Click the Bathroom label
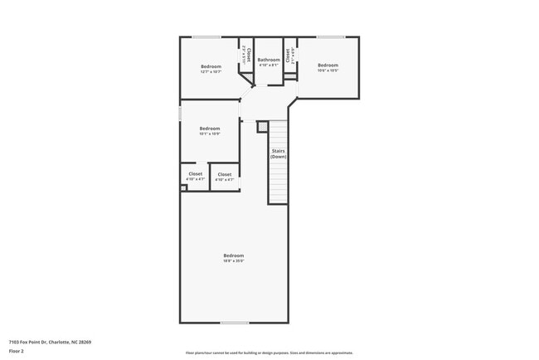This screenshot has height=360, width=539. pos(269,60)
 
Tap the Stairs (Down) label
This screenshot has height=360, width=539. pos(279,153)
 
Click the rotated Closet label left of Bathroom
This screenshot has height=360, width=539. pos(248,56)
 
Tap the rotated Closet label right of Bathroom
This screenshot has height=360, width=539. pos(288,56)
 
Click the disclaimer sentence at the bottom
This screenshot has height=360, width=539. pos(269,353)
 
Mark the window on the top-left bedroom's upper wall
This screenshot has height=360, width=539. pos(206,36)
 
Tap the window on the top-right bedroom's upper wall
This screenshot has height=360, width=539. pos(331,36)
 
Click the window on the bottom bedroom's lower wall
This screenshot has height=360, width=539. pos(234,323)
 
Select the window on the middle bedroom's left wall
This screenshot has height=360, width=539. pos(181,113)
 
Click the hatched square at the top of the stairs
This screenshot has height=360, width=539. pos(262,126)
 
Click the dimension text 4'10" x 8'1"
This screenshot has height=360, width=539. pos(269,66)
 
